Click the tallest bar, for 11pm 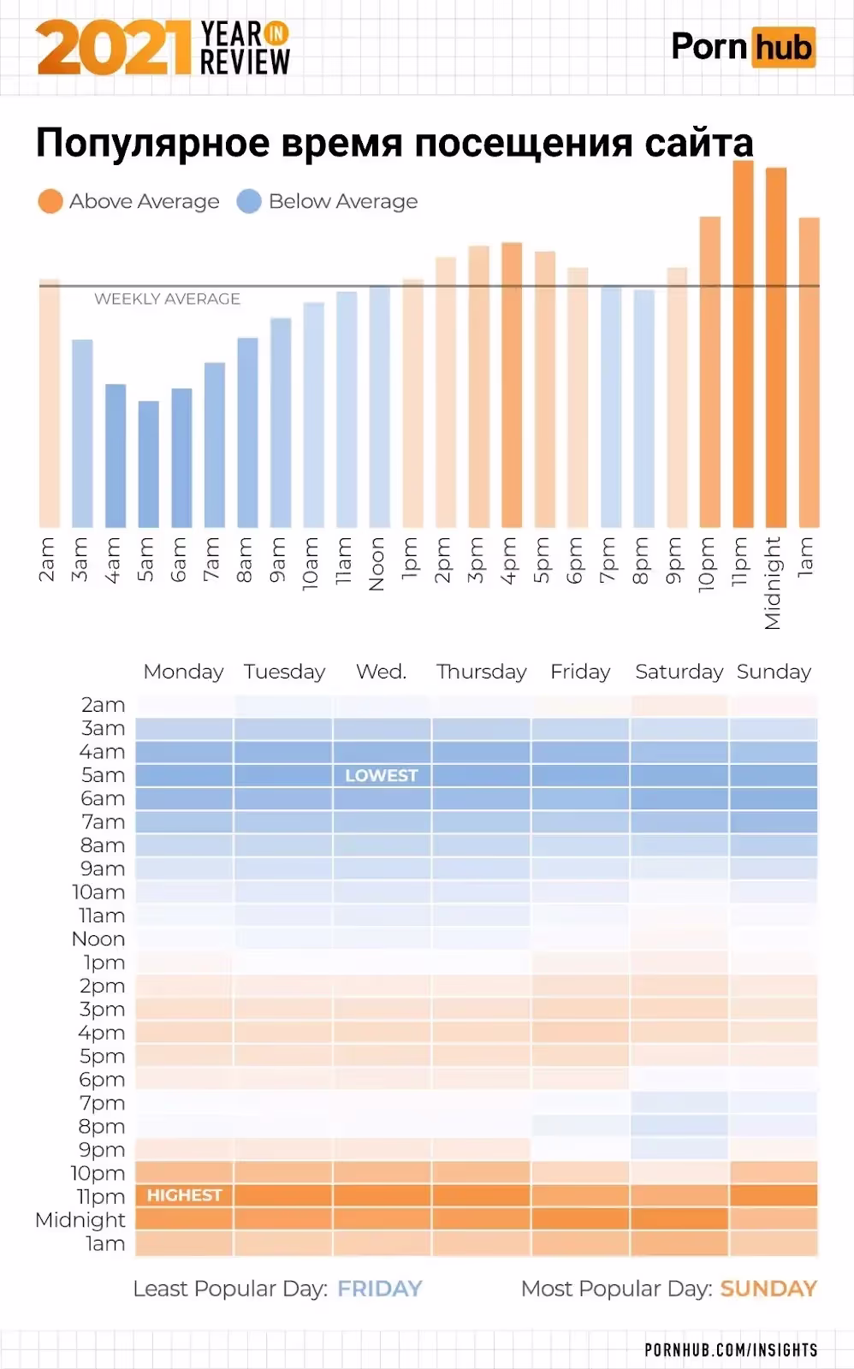point(743,342)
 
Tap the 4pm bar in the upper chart point(512,385)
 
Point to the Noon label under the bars point(377,565)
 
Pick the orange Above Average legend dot point(50,202)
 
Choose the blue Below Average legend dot point(249,202)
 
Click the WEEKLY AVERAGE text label point(167,299)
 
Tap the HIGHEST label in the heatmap point(184,1195)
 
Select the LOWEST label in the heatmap point(381,775)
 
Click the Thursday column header point(481,672)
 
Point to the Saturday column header point(679,672)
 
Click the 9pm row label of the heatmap point(102,1149)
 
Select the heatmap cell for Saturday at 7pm point(679,1102)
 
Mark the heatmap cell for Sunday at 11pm point(774,1195)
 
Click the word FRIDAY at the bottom point(380,1289)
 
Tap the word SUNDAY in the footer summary point(768,1289)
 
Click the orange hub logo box point(783,47)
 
